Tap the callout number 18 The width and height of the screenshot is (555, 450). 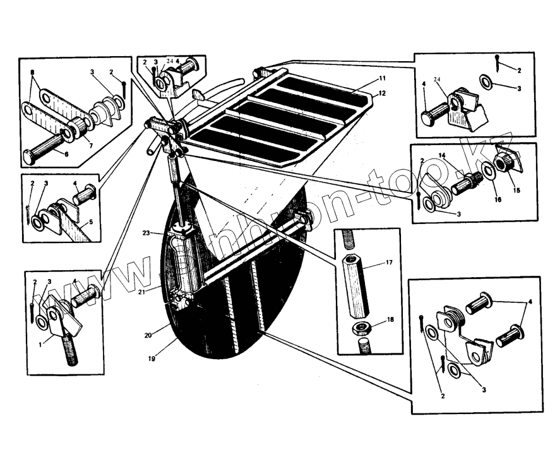click(390, 320)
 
